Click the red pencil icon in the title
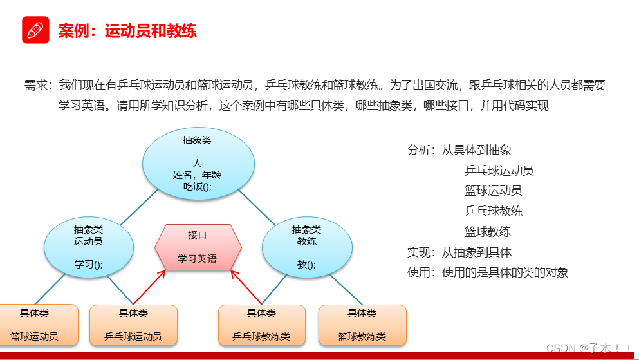(35, 30)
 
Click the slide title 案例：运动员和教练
(127, 30)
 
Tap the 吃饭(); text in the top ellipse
(198, 187)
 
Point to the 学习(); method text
(89, 264)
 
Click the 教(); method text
(306, 264)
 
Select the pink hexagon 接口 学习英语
(198, 247)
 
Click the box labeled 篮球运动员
(34, 325)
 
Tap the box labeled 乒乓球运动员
(133, 325)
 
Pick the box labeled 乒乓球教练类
(261, 325)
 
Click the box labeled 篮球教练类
(362, 325)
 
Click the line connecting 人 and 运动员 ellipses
(139, 207)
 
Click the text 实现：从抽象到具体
(459, 252)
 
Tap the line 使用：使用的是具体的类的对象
(488, 272)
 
